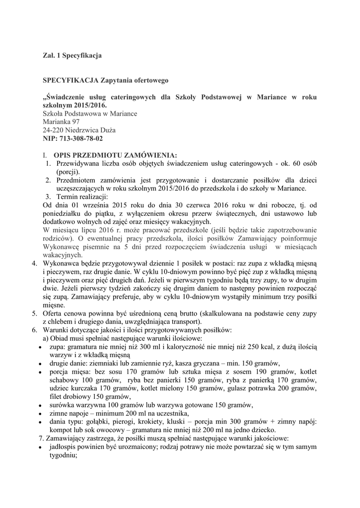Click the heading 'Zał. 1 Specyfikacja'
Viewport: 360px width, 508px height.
72,56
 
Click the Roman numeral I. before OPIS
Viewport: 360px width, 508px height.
46,155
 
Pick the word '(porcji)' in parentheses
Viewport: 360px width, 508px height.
68,172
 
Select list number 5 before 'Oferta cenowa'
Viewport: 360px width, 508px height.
34,314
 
